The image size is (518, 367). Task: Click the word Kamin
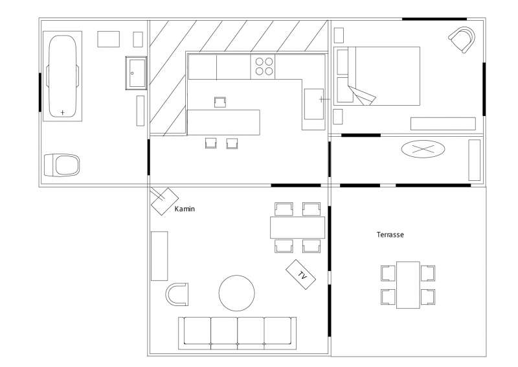[x=185, y=209]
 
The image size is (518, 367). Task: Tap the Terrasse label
[x=390, y=235]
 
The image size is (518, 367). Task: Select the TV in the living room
[x=300, y=274]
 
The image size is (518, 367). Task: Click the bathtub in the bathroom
[x=62, y=76]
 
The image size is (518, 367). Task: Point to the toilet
[x=62, y=165]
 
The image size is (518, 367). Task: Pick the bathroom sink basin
[x=137, y=73]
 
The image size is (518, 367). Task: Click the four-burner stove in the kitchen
[x=263, y=67]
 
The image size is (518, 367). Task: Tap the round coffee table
[x=236, y=293]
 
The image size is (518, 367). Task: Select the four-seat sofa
[x=237, y=333]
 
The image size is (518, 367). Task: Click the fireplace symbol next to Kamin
[x=164, y=202]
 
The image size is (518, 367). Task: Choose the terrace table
[x=408, y=285]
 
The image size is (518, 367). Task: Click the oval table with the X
[x=423, y=149]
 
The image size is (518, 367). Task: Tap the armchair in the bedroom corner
[x=462, y=39]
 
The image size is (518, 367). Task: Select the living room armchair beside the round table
[x=177, y=294]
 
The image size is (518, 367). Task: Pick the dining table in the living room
[x=297, y=228]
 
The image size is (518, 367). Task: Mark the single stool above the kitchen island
[x=220, y=102]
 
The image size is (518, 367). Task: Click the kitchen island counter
[x=223, y=123]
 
